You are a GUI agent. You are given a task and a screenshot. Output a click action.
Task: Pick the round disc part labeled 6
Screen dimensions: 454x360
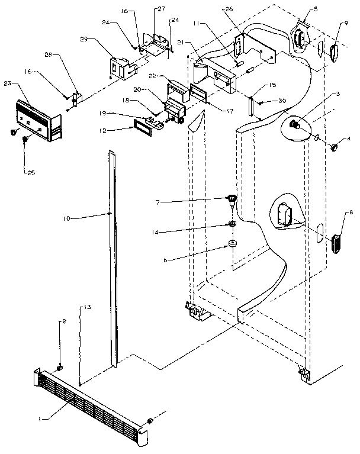232,245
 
